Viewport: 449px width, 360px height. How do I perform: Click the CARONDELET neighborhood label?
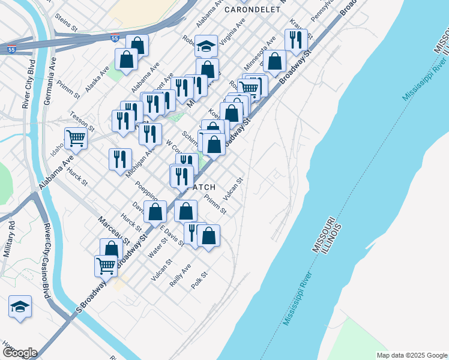(252, 10)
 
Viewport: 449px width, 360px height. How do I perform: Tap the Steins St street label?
(66, 23)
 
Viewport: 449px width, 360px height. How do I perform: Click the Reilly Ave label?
(181, 274)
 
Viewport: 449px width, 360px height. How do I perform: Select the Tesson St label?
(82, 121)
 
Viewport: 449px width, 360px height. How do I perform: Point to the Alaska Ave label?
(97, 78)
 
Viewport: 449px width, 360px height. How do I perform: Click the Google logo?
(19, 353)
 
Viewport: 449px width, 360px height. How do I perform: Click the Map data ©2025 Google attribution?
(411, 355)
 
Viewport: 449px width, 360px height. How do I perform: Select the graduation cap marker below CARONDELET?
(206, 46)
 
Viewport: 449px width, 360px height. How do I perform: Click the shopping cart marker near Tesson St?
(76, 137)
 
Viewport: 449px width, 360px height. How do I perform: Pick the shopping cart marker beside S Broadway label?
(106, 265)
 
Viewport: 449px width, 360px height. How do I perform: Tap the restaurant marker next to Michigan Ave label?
(120, 159)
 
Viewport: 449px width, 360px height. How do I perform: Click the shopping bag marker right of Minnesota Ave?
(275, 61)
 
